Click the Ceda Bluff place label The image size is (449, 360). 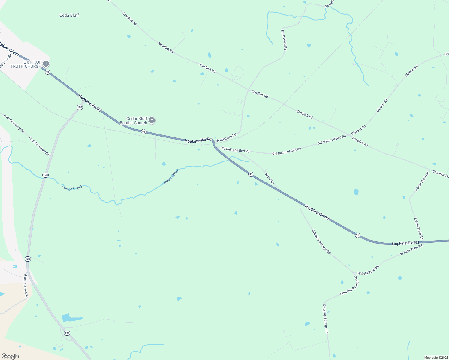[x=69, y=15]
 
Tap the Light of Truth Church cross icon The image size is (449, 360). [x=46, y=64]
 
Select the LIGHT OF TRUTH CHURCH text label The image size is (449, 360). [x=26, y=64]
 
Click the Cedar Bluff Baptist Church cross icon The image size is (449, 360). [x=152, y=120]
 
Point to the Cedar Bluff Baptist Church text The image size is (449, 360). [x=134, y=121]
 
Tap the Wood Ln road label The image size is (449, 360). [x=270, y=178]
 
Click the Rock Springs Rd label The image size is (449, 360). [x=26, y=286]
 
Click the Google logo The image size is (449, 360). [x=10, y=356]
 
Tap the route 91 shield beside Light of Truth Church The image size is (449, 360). [x=47, y=72]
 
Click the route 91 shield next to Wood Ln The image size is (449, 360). [x=251, y=174]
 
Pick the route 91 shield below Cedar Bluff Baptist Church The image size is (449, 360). [x=144, y=132]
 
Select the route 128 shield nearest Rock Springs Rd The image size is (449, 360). [x=28, y=259]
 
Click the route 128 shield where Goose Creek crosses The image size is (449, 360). [x=45, y=175]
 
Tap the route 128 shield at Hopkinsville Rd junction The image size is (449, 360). [x=80, y=107]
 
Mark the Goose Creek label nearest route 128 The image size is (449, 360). [x=72, y=188]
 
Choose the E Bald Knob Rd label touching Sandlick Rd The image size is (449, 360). [x=422, y=181]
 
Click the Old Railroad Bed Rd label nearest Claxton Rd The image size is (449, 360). [x=332, y=140]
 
